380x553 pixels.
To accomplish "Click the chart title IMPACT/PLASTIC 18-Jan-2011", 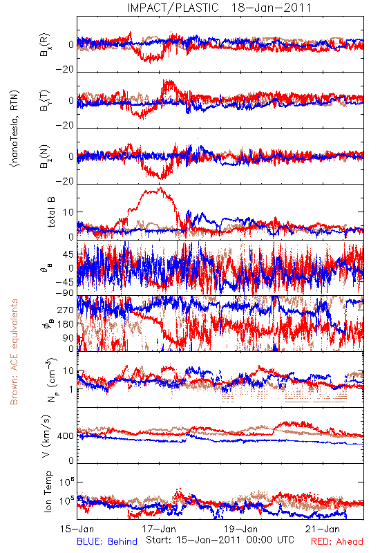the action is click(x=219, y=8).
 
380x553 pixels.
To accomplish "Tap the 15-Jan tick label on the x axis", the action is click(x=77, y=529).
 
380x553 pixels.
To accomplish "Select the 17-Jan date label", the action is click(x=159, y=529).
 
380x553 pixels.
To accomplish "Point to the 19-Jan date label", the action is click(x=240, y=529).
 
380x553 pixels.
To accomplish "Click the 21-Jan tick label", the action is click(x=323, y=529).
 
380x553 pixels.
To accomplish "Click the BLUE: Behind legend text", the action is click(x=107, y=541).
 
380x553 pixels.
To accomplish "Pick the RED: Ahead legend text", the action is click(x=337, y=541).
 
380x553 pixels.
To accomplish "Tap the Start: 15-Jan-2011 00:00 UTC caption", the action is click(x=220, y=540).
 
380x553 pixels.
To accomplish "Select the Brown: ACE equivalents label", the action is click(x=14, y=352).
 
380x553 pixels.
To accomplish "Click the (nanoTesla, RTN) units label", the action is click(x=15, y=129).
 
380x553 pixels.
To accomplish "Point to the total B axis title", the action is click(x=51, y=212).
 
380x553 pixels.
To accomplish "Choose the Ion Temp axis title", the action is click(x=48, y=491).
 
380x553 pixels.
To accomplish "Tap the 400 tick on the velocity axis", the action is click(x=66, y=436).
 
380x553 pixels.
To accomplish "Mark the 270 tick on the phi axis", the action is click(x=66, y=310).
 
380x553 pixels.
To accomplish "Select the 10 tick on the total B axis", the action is click(x=68, y=212).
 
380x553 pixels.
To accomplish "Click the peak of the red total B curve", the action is click(x=161, y=187).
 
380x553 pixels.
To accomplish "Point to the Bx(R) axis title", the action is click(x=45, y=45).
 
